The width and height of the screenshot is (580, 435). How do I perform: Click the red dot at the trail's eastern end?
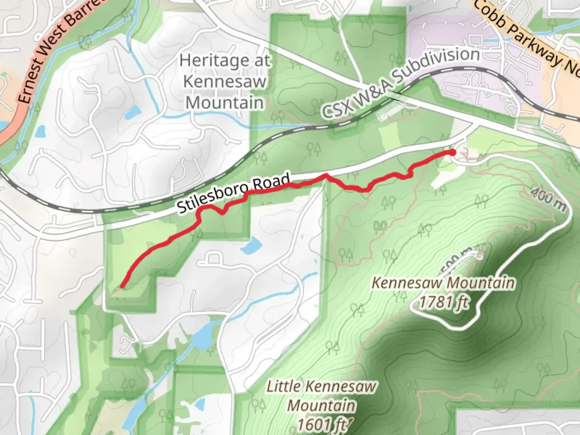[452, 152]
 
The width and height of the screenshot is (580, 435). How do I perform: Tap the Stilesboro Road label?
[234, 193]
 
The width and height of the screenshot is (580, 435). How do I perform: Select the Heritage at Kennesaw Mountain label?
[225, 82]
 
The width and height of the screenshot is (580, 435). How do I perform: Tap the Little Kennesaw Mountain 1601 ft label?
[321, 405]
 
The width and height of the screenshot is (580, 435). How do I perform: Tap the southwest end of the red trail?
[122, 287]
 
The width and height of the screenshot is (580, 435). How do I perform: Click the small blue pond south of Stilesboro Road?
[251, 245]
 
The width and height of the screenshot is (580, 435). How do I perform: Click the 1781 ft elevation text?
[443, 301]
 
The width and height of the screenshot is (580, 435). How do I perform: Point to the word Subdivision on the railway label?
[437, 66]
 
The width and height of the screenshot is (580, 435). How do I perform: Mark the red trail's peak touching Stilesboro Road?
[326, 175]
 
